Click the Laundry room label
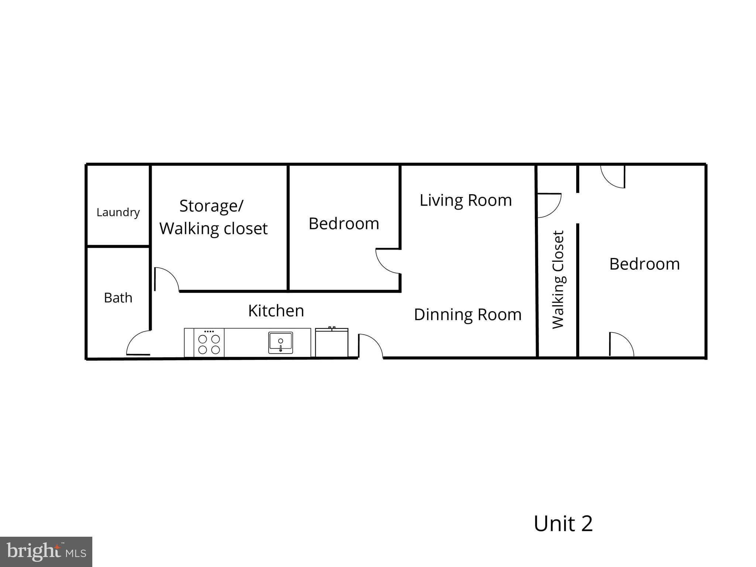(118, 212)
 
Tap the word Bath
(118, 298)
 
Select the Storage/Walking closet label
(213, 217)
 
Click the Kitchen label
(276, 311)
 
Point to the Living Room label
(465, 200)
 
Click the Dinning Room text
(467, 315)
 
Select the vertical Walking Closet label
(559, 279)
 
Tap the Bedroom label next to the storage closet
(344, 224)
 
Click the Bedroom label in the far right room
(644, 264)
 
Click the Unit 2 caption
(563, 523)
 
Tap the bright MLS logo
(46, 551)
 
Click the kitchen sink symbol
(280, 343)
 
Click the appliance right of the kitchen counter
(331, 343)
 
